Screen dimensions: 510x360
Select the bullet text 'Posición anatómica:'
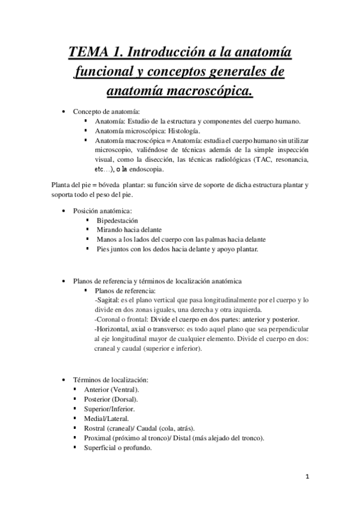click(102, 210)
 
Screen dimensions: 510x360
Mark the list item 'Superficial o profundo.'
click(118, 447)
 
